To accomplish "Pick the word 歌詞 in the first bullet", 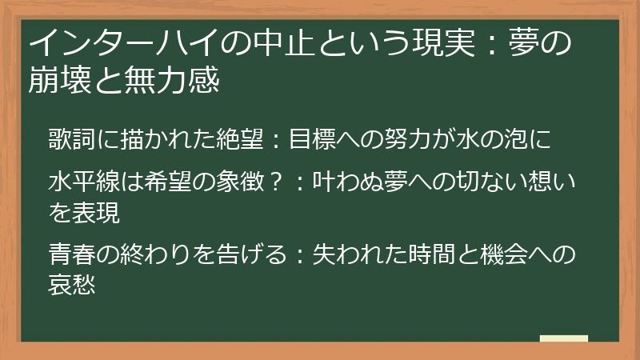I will [70, 138].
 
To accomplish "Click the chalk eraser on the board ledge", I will [564, 338].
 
